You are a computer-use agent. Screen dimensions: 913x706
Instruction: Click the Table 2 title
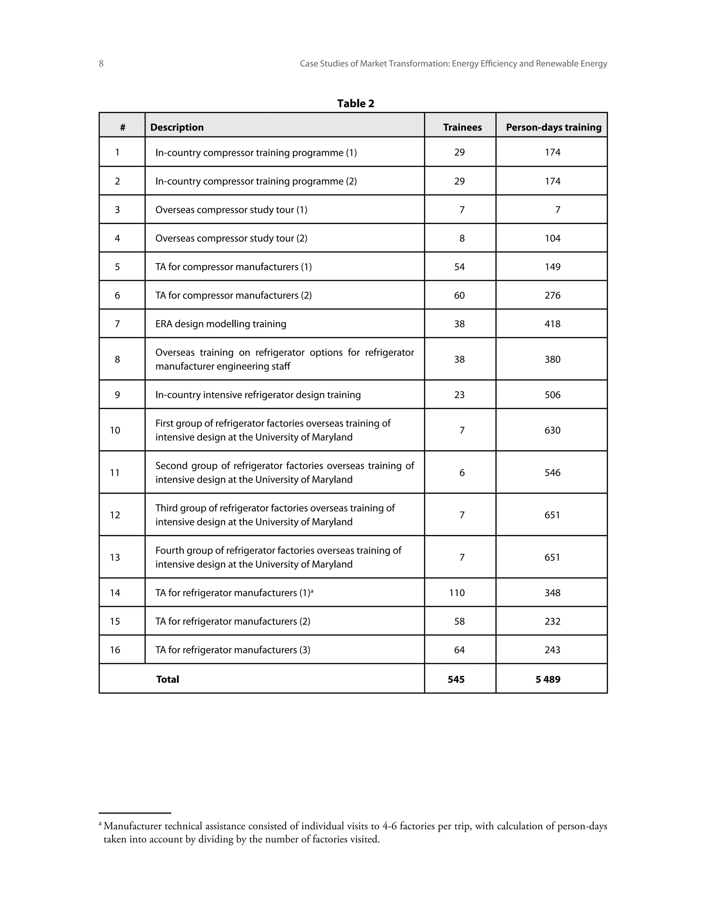point(355,103)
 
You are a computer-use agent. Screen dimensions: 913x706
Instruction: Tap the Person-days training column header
point(553,127)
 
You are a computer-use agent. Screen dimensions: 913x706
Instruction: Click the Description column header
point(176,127)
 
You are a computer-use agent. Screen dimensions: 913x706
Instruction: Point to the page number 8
point(101,63)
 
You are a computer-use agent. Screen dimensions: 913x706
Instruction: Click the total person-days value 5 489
point(547,679)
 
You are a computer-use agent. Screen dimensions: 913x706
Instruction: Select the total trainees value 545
point(456,679)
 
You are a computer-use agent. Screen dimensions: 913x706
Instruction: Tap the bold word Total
point(167,679)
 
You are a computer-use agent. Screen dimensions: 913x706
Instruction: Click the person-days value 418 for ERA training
point(552,324)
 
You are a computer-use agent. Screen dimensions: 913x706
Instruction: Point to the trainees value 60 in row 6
point(459,295)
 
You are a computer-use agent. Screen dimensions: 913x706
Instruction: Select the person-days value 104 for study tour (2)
point(552,238)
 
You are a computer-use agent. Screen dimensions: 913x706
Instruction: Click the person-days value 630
point(552,430)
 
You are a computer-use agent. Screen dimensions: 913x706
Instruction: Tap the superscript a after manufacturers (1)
point(312,590)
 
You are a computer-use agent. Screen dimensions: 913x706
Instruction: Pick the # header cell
point(122,127)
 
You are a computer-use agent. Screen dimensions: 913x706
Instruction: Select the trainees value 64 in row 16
point(459,650)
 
